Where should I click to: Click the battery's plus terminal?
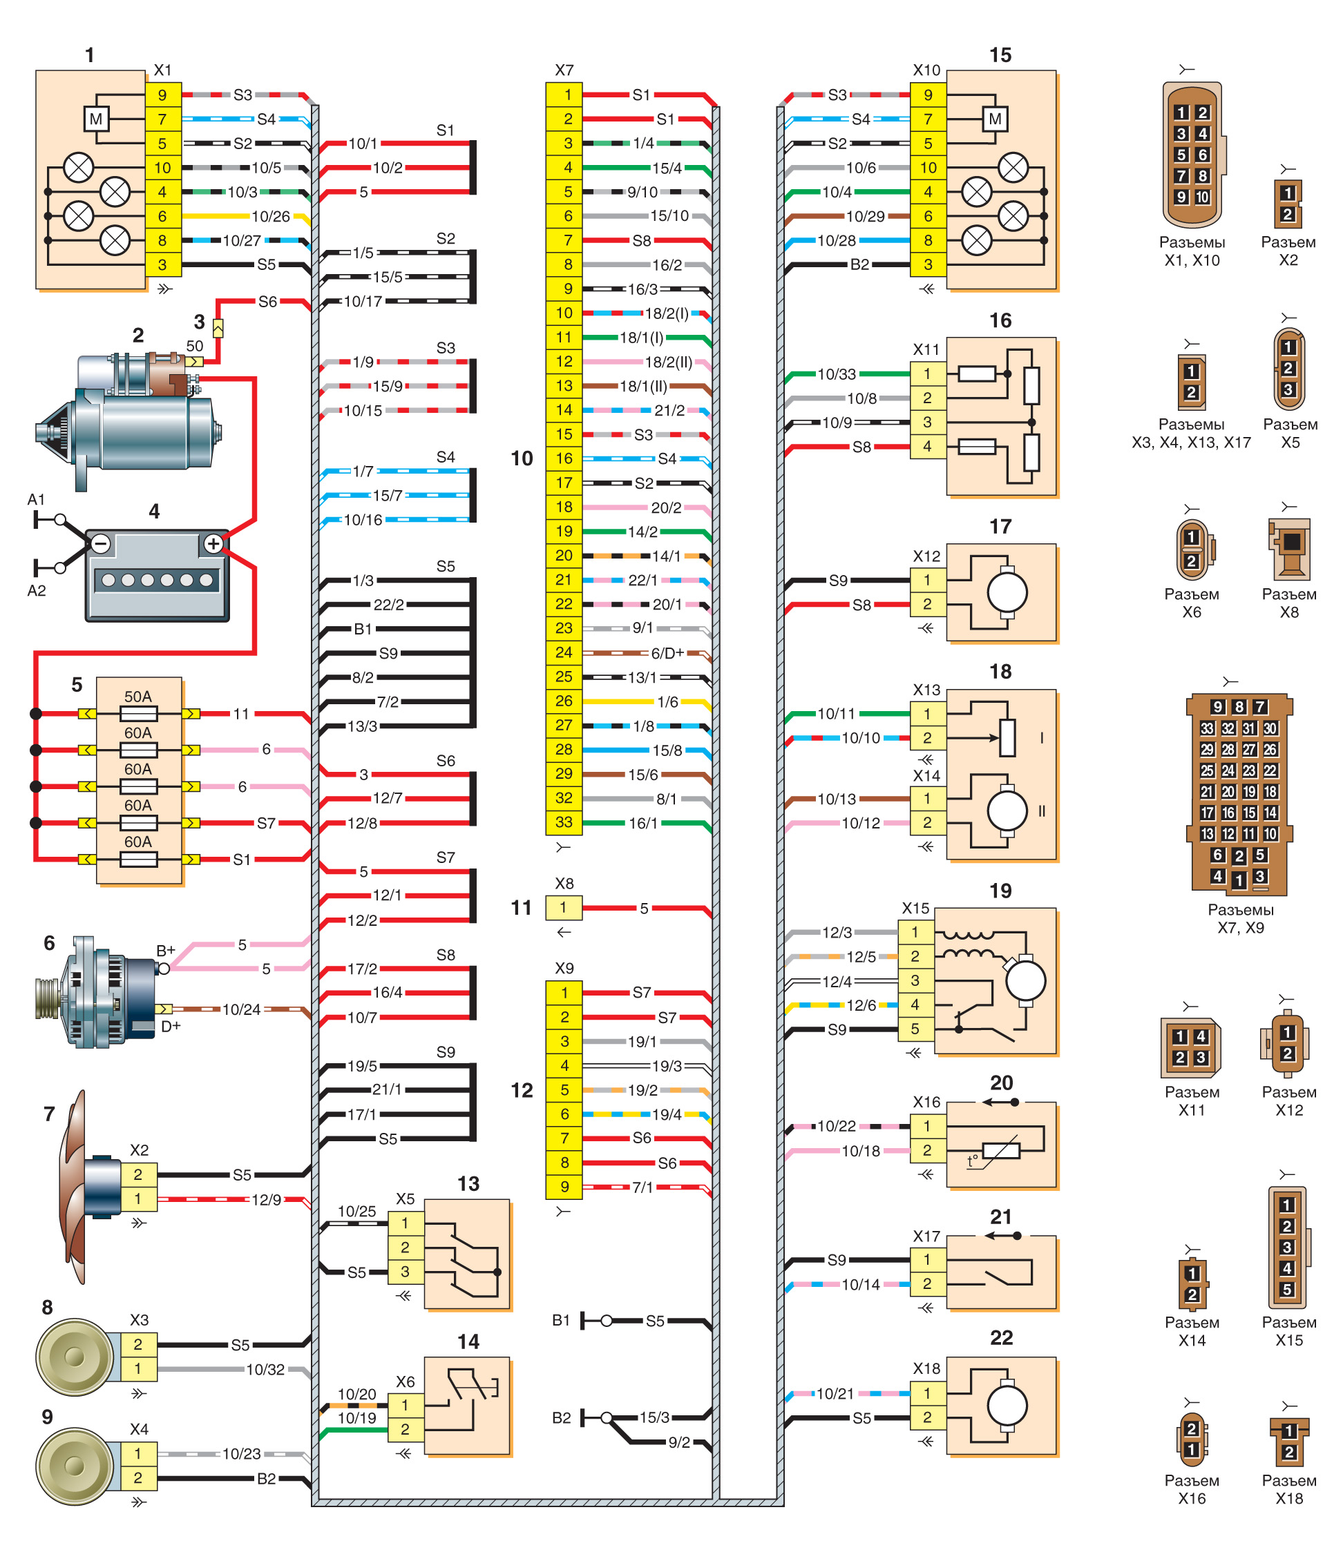213,544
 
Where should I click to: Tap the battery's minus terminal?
101,544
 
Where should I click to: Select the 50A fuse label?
138,697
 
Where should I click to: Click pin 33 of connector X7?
564,822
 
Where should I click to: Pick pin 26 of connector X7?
564,701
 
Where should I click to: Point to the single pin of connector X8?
564,908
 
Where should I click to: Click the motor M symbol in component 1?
96,119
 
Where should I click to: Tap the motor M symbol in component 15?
996,119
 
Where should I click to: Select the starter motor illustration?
131,420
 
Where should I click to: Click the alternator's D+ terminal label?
171,1026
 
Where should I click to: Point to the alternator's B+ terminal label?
166,951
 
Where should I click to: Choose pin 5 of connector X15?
915,1029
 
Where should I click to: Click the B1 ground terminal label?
562,1321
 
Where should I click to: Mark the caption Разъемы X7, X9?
1240,918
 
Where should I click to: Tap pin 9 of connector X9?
564,1187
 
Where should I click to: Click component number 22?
1001,1338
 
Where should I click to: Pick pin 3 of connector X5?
406,1272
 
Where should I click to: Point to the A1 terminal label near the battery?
36,500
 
